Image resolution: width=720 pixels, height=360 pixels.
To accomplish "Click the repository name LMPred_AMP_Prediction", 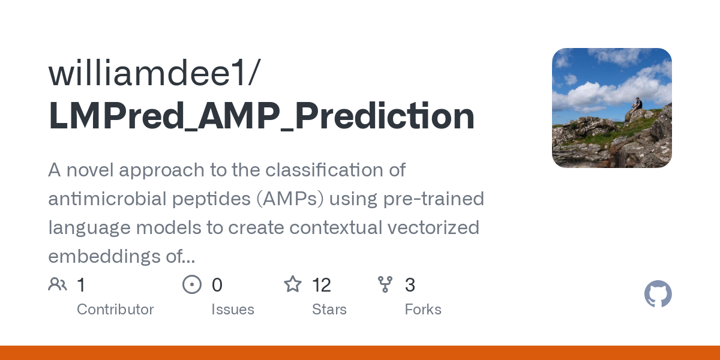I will pos(262,116).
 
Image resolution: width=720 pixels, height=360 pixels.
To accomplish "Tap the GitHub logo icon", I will pos(658,295).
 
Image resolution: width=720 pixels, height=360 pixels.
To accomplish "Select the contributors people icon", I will pos(58,284).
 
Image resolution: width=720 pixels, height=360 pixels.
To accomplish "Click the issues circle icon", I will pos(192,284).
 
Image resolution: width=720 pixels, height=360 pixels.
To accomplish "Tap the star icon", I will pos(293,284).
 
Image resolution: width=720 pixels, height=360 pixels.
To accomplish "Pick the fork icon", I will pos(385,284).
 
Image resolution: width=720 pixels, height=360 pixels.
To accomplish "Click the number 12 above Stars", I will pos(322,285).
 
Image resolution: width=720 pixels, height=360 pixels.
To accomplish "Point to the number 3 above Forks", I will pos(410,285).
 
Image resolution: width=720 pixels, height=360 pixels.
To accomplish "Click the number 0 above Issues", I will pos(217,285).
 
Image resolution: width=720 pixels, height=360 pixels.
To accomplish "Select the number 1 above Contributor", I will pos(81,285).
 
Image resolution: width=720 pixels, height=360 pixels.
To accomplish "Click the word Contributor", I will pos(115,310).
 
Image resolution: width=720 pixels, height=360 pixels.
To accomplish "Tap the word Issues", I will pos(233,310).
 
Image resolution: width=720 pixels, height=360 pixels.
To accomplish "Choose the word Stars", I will pos(329,310).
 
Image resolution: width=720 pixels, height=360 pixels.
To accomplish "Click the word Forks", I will pos(423,310).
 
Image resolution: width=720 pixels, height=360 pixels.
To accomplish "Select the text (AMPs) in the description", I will pos(290,199).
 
